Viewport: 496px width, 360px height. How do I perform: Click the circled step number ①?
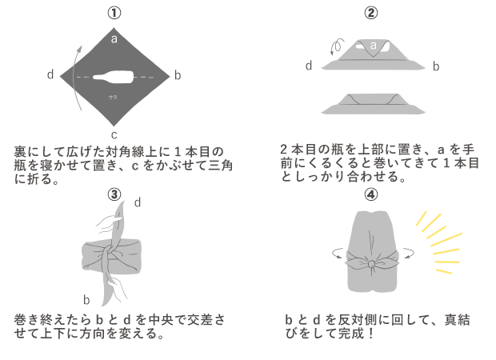pos(114,14)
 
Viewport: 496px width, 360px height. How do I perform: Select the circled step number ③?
pos(114,194)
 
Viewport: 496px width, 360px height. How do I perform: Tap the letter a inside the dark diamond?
pos(114,38)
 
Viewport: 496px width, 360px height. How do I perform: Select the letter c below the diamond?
pos(114,134)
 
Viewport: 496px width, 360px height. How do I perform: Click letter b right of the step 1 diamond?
pos(178,75)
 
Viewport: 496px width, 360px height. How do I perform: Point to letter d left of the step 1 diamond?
pos(50,75)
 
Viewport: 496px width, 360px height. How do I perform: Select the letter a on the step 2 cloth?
pos(373,46)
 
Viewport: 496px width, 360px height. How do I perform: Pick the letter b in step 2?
pos(436,66)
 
